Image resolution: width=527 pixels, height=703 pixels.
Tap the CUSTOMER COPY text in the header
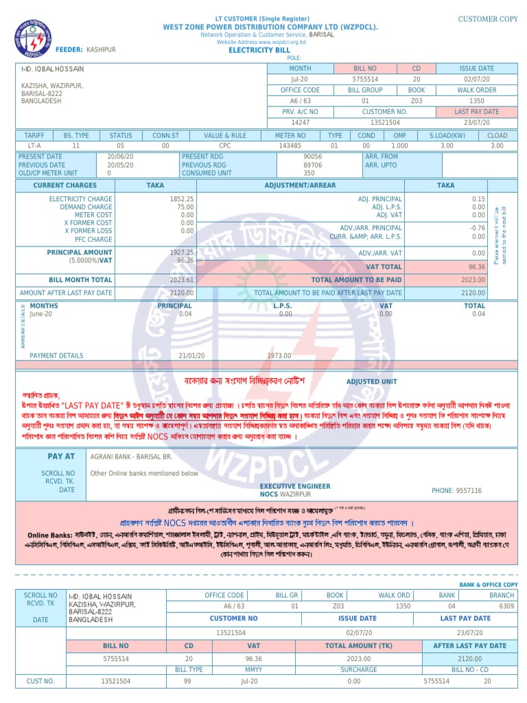tap(488, 19)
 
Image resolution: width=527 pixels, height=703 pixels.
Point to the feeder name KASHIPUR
tap(102, 50)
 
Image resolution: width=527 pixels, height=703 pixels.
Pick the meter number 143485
tap(290, 146)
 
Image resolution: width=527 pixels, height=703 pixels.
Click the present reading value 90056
tap(313, 157)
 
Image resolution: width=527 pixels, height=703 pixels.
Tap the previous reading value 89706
tap(313, 165)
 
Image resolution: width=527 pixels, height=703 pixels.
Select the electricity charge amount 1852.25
tap(182, 198)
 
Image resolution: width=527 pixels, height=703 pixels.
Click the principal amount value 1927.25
tap(182, 252)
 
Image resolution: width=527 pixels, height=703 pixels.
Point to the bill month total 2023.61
tap(182, 280)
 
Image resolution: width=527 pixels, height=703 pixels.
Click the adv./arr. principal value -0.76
tap(478, 228)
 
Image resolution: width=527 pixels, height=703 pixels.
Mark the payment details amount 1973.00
tap(279, 356)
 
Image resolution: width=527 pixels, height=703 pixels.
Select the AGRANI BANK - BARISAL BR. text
tap(130, 456)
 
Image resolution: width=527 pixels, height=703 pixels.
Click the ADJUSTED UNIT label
tap(371, 382)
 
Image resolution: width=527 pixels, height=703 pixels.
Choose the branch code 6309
tap(506, 606)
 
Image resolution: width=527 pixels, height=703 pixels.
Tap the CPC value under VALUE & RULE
tap(225, 146)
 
